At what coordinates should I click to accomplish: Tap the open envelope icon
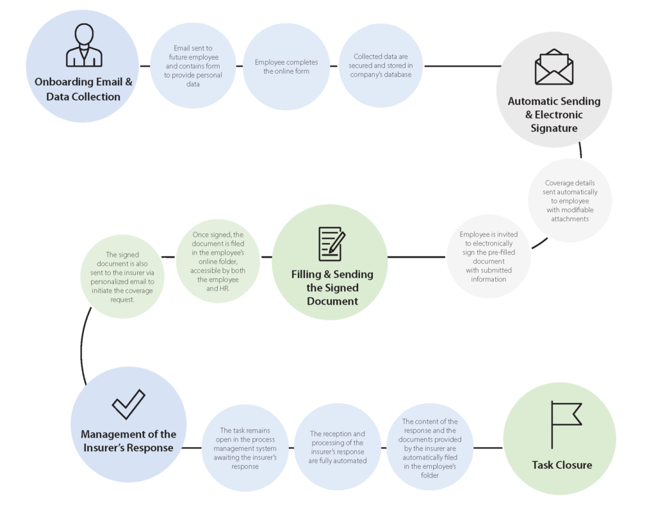tap(553, 67)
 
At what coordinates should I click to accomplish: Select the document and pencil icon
tap(331, 243)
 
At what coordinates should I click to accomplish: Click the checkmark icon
tap(128, 405)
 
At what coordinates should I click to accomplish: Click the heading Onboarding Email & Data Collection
tap(83, 89)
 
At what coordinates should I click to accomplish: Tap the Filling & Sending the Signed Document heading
tap(331, 287)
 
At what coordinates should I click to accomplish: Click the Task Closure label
tap(561, 465)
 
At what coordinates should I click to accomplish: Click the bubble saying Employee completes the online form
tap(286, 67)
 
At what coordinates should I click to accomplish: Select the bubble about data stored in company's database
tap(381, 66)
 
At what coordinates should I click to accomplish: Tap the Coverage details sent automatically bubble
tap(571, 201)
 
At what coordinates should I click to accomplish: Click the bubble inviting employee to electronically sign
tap(488, 256)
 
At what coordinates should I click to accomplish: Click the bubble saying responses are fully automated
tap(337, 447)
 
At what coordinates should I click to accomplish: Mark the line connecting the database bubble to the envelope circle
tap(461, 66)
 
